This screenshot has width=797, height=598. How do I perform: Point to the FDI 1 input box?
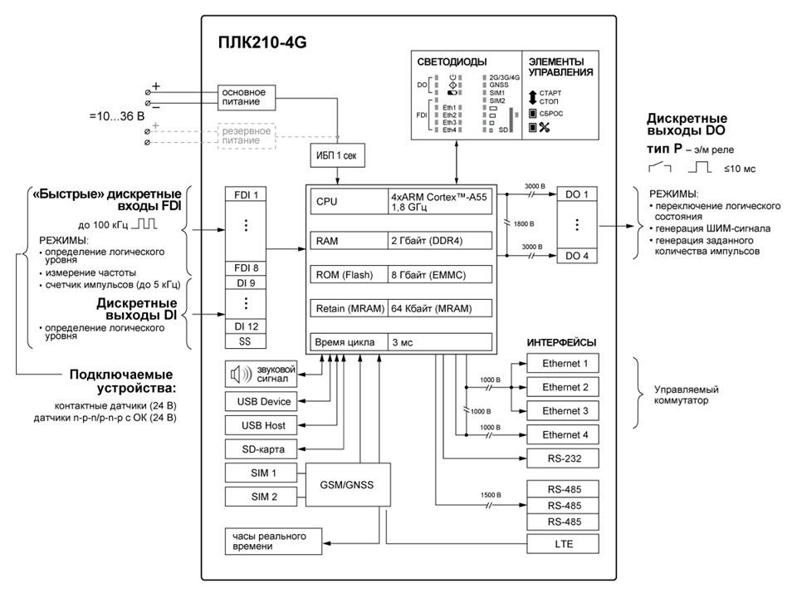point(246,196)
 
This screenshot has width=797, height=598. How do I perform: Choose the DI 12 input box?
point(246,326)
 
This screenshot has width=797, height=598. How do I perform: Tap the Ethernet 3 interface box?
point(565,411)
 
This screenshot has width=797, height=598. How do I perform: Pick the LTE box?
point(565,544)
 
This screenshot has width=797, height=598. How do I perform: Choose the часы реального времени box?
point(266,541)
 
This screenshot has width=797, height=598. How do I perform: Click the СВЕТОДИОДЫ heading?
point(453,61)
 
